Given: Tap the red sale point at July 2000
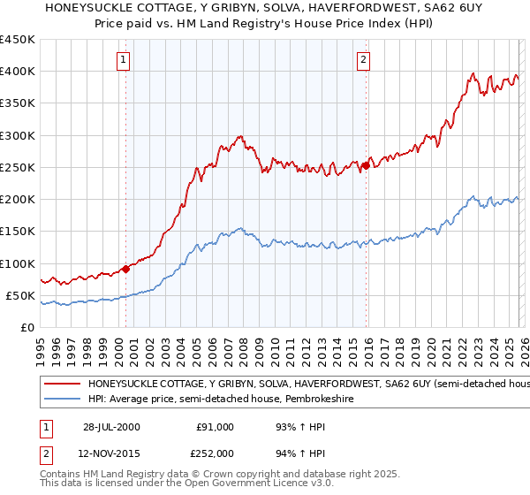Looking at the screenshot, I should tap(125, 269).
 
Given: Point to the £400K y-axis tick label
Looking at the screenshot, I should tap(17, 72).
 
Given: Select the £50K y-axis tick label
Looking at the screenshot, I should tap(19, 295).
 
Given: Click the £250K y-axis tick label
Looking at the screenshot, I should tap(17, 167).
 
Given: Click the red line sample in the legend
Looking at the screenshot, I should tap(62, 385).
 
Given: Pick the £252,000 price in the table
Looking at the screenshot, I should tap(215, 453).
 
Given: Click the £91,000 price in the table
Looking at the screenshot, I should tap(215, 427).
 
